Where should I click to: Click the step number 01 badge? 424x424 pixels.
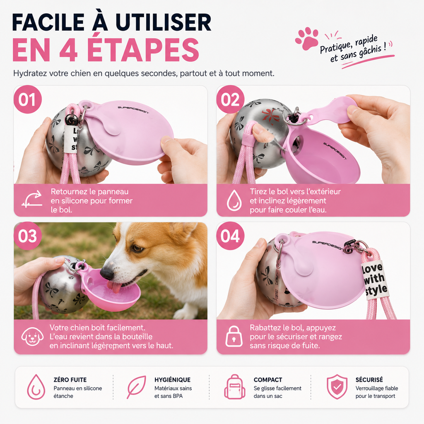pos(28,99)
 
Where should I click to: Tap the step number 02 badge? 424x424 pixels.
pos(230,99)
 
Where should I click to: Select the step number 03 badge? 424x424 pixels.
pos(28,236)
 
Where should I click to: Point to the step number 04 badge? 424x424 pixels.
pos(230,236)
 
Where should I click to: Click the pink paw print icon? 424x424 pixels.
pos(307,39)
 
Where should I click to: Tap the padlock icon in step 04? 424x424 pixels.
pos(234,336)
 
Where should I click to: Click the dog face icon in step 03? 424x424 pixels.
pos(32,336)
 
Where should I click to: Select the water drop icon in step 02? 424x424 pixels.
pos(234,200)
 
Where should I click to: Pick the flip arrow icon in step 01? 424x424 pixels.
pos(32,199)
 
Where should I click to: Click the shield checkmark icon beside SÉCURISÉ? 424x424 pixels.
pos(337,387)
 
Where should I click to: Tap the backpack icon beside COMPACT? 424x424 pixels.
pos(235,387)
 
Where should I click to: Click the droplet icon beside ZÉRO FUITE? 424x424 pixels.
pos(36,387)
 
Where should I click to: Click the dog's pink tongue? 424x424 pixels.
pos(114,287)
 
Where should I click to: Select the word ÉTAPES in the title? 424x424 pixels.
pos(143,50)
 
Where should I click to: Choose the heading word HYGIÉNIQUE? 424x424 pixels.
pos(173,380)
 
